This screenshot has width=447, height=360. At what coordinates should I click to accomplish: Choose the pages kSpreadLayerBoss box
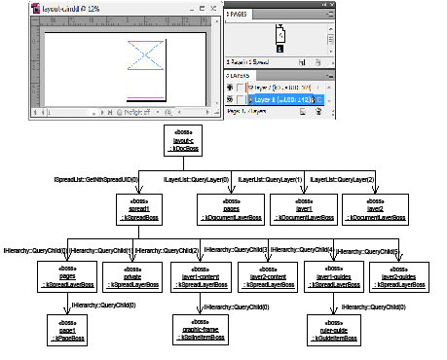point(67,276)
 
